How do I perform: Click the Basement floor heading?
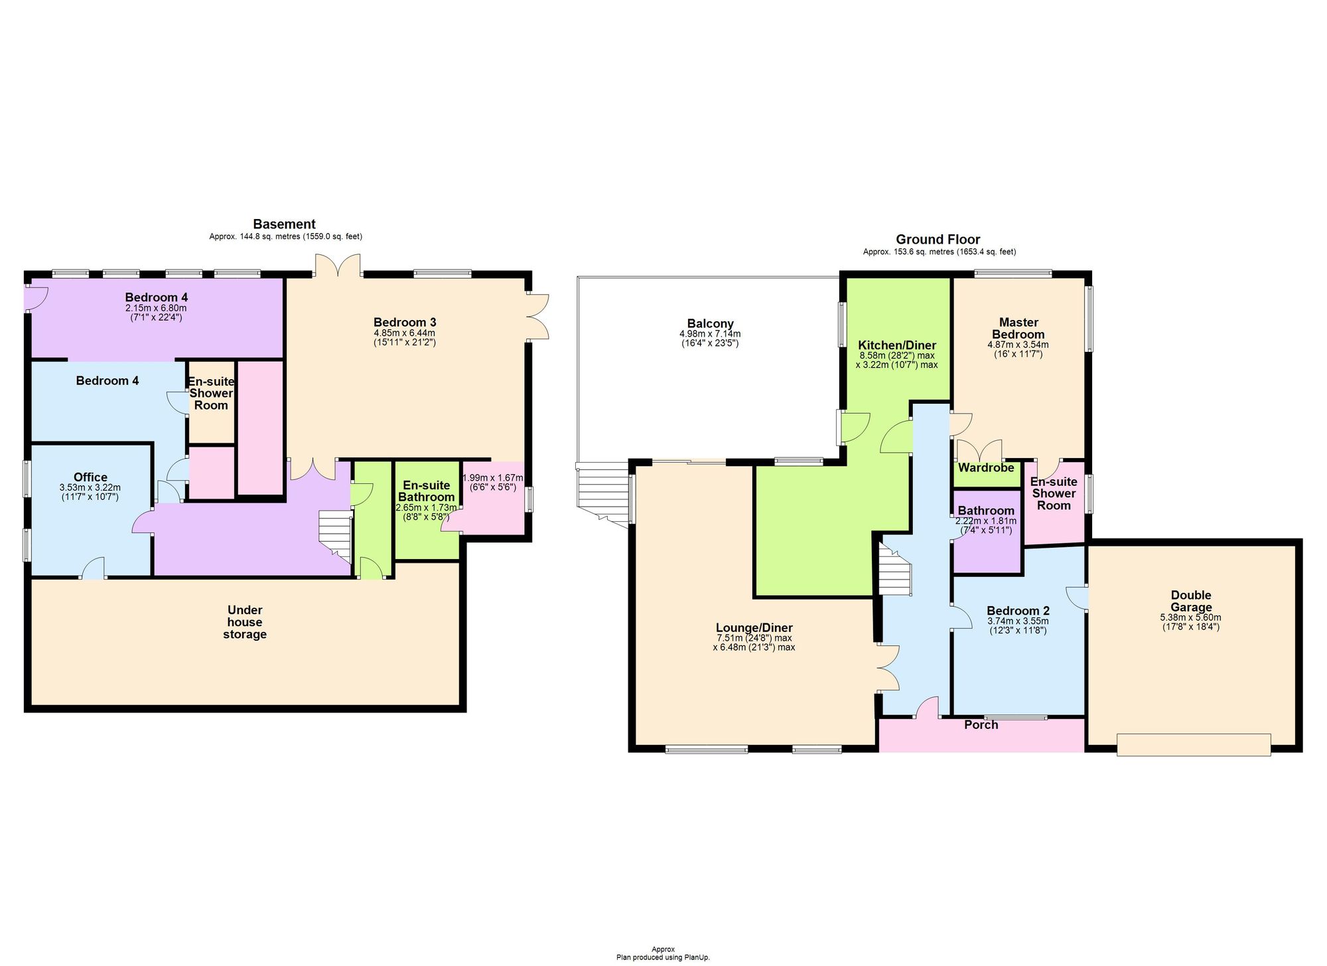284,224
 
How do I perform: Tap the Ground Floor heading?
938,240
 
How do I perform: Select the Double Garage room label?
1190,601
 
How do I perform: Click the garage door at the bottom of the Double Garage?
1193,744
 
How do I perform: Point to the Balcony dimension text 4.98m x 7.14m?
710,334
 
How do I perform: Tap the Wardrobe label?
986,468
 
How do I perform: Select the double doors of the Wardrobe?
978,449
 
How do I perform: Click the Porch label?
981,724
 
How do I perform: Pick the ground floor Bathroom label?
986,511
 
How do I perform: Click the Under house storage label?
245,622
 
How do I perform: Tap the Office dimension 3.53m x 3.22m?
90,487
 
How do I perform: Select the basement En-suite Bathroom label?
428,491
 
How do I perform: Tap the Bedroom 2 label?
1018,611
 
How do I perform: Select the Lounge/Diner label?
754,628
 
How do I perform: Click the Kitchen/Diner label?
897,345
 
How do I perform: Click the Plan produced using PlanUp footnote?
663,957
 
